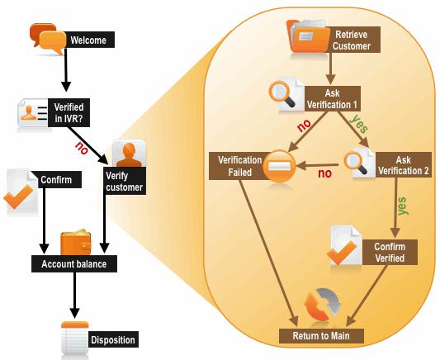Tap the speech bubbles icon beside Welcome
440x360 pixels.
click(x=48, y=39)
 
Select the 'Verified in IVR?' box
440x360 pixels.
click(x=69, y=112)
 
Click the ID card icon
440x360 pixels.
click(x=33, y=113)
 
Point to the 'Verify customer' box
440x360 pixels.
click(x=125, y=181)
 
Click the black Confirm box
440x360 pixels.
click(x=56, y=179)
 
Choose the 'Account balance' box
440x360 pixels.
click(x=74, y=263)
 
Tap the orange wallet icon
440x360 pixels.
click(x=76, y=242)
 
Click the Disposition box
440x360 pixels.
click(x=113, y=339)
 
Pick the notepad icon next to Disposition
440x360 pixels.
click(x=75, y=338)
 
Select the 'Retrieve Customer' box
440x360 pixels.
click(x=352, y=40)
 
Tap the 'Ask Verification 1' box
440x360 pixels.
click(x=333, y=98)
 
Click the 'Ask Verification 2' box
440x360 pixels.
click(x=404, y=165)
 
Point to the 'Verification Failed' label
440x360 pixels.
click(x=240, y=166)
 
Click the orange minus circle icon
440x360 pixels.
click(x=279, y=166)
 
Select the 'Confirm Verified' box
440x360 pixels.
click(x=390, y=252)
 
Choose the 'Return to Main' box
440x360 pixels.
click(x=321, y=335)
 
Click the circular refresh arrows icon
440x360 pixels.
click(x=323, y=305)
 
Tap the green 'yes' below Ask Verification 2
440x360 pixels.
click(x=402, y=206)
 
